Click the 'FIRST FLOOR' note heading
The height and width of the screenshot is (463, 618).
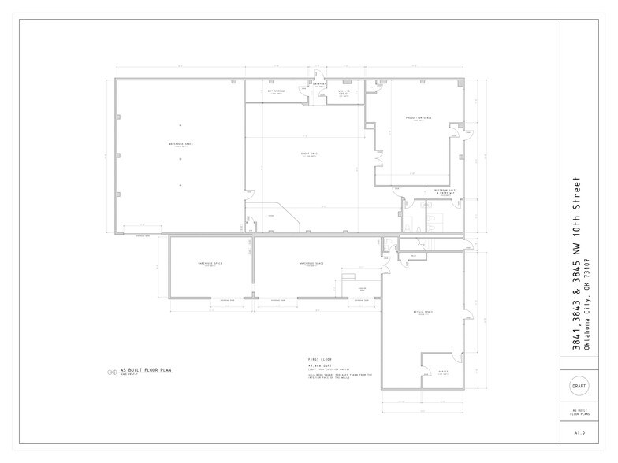[x=318, y=359]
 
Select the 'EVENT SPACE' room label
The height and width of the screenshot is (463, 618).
[x=308, y=154]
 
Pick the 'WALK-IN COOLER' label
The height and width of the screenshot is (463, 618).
[x=344, y=92]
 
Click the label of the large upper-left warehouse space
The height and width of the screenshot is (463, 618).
[x=181, y=144]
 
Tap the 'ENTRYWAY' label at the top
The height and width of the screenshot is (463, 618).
[x=308, y=83]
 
